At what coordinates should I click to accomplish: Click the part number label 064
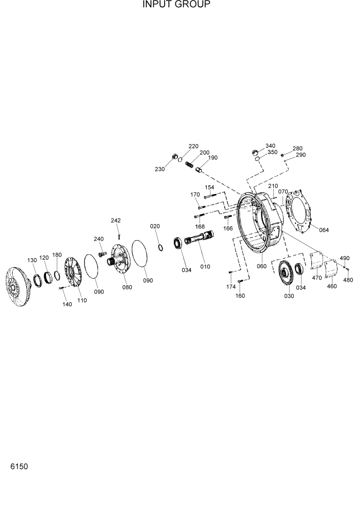[324, 229]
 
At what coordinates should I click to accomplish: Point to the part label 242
[115, 221]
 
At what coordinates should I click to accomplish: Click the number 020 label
[155, 226]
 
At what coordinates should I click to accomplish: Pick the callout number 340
[270, 146]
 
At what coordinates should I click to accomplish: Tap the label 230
[160, 169]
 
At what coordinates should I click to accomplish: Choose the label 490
[345, 258]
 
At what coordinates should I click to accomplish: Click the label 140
[67, 304]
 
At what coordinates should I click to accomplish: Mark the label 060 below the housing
[262, 266]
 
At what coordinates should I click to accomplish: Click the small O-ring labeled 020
[161, 248]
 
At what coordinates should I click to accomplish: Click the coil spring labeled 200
[191, 166]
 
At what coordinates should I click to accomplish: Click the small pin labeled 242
[119, 236]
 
